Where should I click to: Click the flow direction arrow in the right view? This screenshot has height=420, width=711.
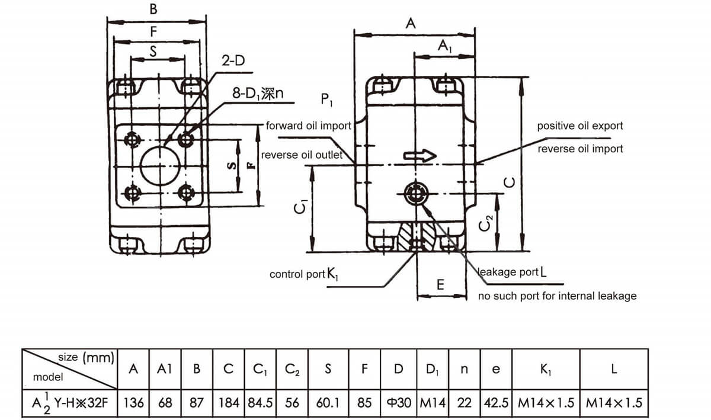(x=419, y=156)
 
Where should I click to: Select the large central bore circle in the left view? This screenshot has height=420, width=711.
(x=158, y=165)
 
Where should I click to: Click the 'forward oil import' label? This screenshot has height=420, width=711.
(x=308, y=126)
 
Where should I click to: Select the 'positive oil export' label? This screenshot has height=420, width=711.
(x=579, y=126)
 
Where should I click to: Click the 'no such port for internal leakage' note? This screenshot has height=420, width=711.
(x=557, y=296)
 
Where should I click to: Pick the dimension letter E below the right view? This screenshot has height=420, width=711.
(x=440, y=285)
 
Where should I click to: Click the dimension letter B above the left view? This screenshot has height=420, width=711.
(x=153, y=10)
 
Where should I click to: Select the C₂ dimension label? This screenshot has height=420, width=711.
(x=486, y=223)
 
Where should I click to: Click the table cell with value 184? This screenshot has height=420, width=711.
(x=229, y=403)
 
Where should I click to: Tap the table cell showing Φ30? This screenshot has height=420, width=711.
(x=399, y=403)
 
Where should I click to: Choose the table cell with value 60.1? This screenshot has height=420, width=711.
(x=328, y=403)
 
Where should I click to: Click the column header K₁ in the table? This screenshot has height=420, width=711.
(x=546, y=369)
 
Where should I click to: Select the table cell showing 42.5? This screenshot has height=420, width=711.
(x=496, y=403)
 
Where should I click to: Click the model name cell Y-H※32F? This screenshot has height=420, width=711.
(x=70, y=403)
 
